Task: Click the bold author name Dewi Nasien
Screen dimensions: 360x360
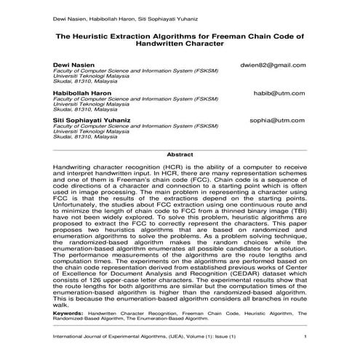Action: point(73,65)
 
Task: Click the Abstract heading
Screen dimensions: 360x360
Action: point(180,154)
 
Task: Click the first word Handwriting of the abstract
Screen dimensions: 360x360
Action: point(76,167)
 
